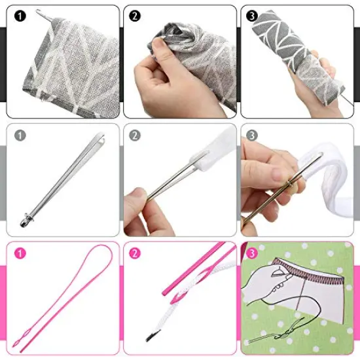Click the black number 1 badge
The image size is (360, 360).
coord(20,16)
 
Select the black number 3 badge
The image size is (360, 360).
coord(251,16)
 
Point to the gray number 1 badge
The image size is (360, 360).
coord(20,135)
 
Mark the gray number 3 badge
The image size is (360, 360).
coord(251,135)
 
